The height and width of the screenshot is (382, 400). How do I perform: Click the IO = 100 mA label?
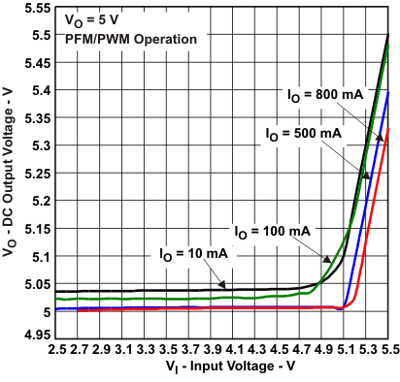pyautogui.click(x=272, y=231)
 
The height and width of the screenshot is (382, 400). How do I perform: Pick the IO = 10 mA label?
pyautogui.click(x=194, y=253)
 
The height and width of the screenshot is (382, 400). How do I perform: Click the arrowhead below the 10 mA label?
pyautogui.click(x=222, y=286)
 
